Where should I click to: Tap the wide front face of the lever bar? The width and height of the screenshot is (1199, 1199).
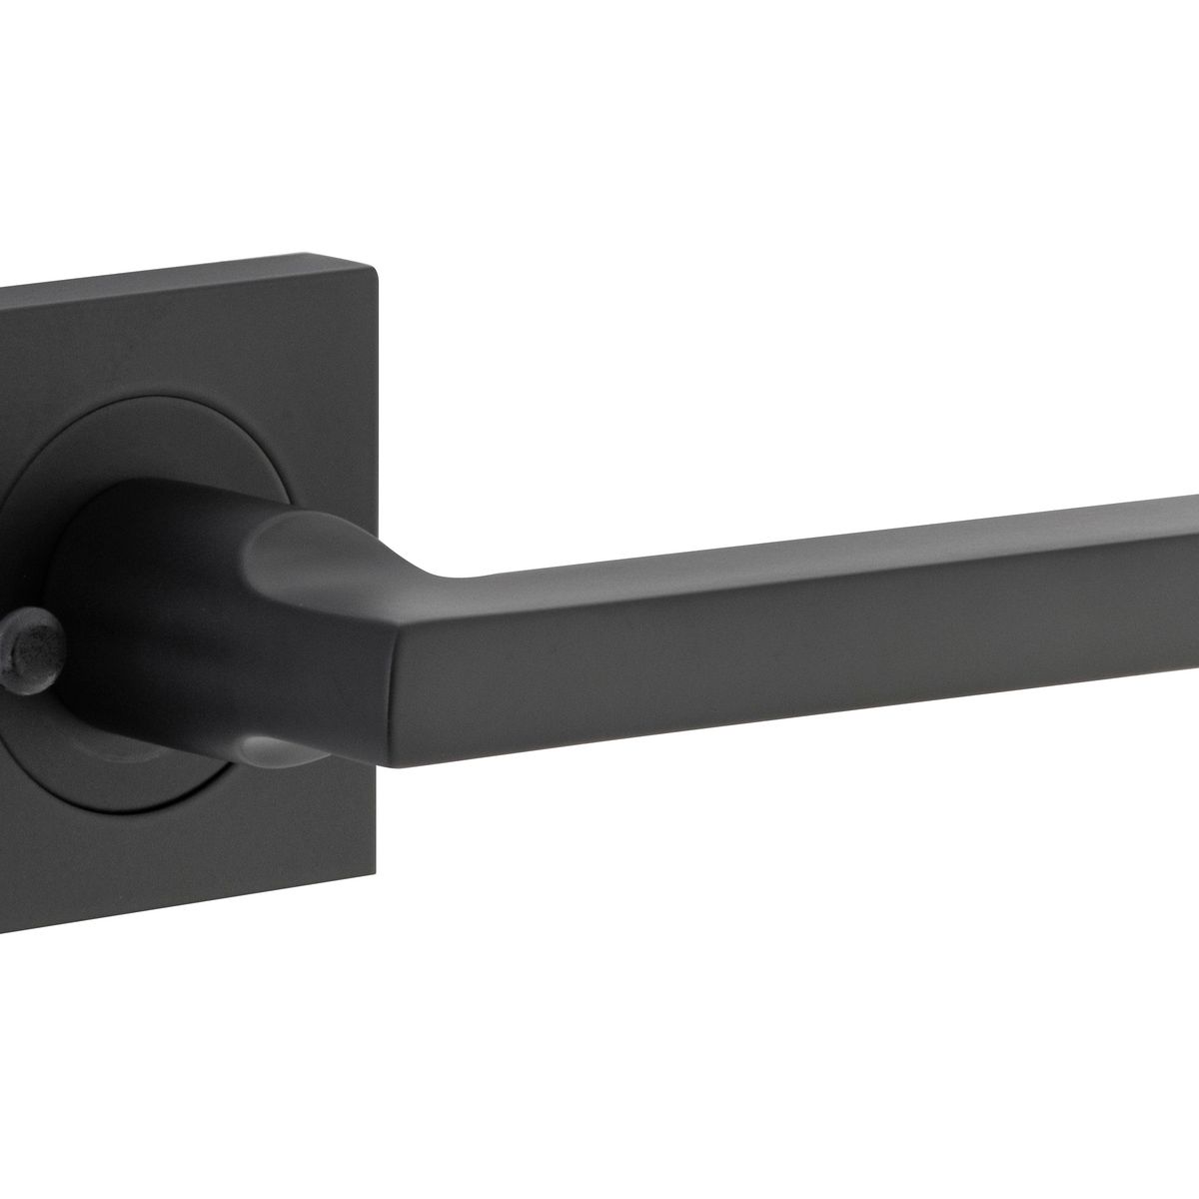799,639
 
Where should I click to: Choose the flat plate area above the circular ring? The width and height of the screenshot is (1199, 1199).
200,340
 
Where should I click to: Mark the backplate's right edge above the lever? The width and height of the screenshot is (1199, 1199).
376,420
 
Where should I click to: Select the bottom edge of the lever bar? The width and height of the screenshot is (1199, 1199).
799,717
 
